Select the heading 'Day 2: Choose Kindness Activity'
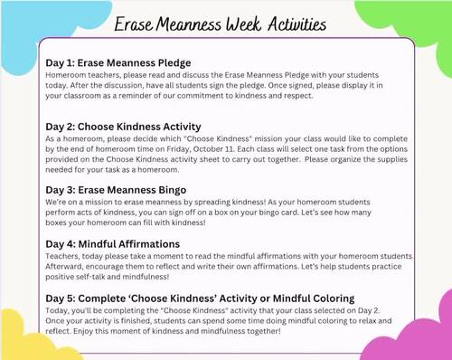123,127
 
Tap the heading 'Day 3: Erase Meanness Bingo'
116,190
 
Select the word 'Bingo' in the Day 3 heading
168,190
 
